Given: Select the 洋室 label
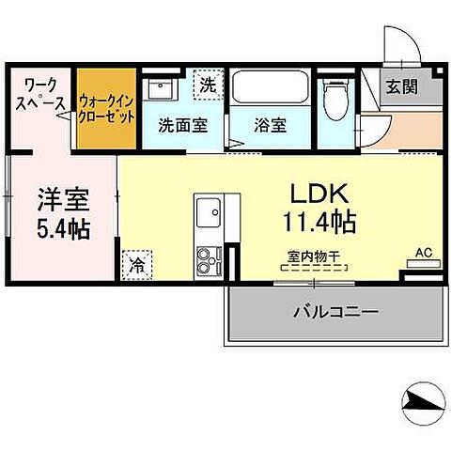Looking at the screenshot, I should [62, 200].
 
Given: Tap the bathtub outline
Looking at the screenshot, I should [270, 90].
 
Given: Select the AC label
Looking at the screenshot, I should [425, 253].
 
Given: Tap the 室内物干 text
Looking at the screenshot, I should [315, 255].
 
